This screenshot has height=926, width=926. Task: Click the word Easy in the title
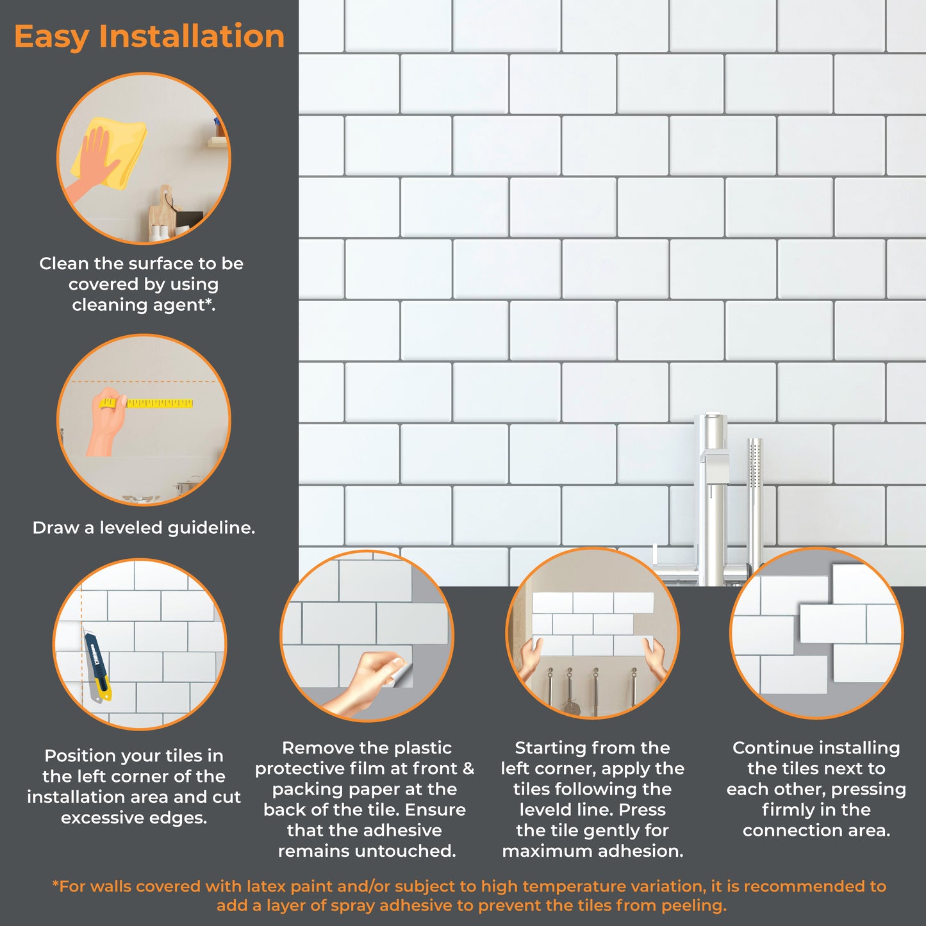point(52,37)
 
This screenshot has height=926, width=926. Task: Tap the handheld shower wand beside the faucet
point(755,509)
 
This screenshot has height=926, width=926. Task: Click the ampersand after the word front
point(468,768)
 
